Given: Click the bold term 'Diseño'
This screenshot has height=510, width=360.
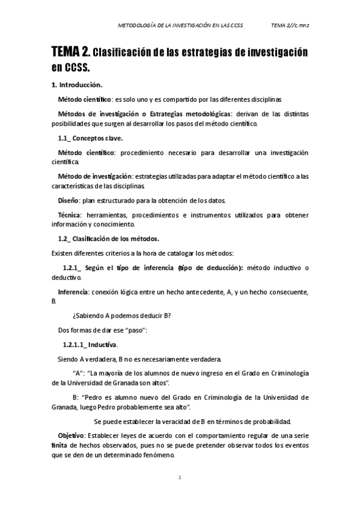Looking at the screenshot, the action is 70,200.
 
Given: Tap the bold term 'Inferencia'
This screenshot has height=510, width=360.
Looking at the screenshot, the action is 72,292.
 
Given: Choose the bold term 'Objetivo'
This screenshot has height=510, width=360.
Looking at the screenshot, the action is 72,434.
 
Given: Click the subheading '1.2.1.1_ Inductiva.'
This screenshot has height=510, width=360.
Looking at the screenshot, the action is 91,345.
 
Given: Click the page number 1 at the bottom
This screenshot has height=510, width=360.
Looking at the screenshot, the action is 180,478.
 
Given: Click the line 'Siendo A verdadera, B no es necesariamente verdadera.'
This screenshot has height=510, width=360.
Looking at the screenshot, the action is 139,359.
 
